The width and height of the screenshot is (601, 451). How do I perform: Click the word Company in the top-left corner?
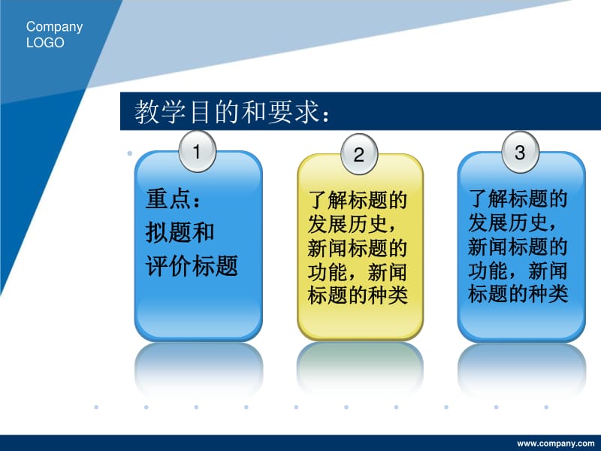(x=54, y=27)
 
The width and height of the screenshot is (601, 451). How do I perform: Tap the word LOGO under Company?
(x=45, y=43)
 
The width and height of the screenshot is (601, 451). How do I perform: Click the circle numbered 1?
(x=197, y=152)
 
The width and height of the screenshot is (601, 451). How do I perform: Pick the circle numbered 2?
(x=359, y=155)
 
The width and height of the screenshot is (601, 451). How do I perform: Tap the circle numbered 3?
(x=520, y=152)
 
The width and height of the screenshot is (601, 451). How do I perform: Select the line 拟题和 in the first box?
(x=180, y=232)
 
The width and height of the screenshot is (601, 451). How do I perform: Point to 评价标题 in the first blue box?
(x=192, y=265)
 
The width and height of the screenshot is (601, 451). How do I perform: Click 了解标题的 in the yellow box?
(x=358, y=201)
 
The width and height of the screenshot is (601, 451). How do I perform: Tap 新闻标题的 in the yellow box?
(x=358, y=249)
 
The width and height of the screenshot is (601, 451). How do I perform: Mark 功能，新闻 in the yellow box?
(x=358, y=272)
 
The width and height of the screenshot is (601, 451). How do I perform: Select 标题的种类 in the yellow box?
(x=358, y=295)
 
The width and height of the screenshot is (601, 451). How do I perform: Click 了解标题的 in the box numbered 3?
(x=518, y=199)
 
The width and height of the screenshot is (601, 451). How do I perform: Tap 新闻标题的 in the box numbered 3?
(x=518, y=247)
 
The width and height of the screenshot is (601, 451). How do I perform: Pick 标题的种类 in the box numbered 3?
(x=518, y=294)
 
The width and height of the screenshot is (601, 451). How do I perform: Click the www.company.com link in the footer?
(x=555, y=443)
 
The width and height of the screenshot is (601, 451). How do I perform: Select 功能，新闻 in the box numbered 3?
(x=518, y=271)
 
